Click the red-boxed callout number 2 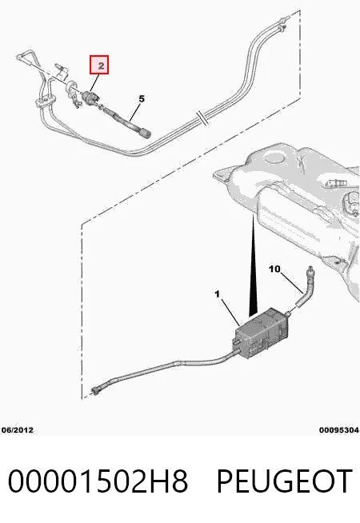[99, 65]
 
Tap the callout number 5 [142, 98]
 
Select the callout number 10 [274, 269]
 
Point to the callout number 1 [218, 294]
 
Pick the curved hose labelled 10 [305, 287]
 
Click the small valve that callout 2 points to [91, 97]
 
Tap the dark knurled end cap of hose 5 [145, 134]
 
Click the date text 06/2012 [18, 429]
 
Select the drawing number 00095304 [338, 430]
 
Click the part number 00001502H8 [98, 481]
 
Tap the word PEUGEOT [285, 481]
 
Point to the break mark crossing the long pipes [202, 118]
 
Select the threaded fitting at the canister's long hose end [96, 390]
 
